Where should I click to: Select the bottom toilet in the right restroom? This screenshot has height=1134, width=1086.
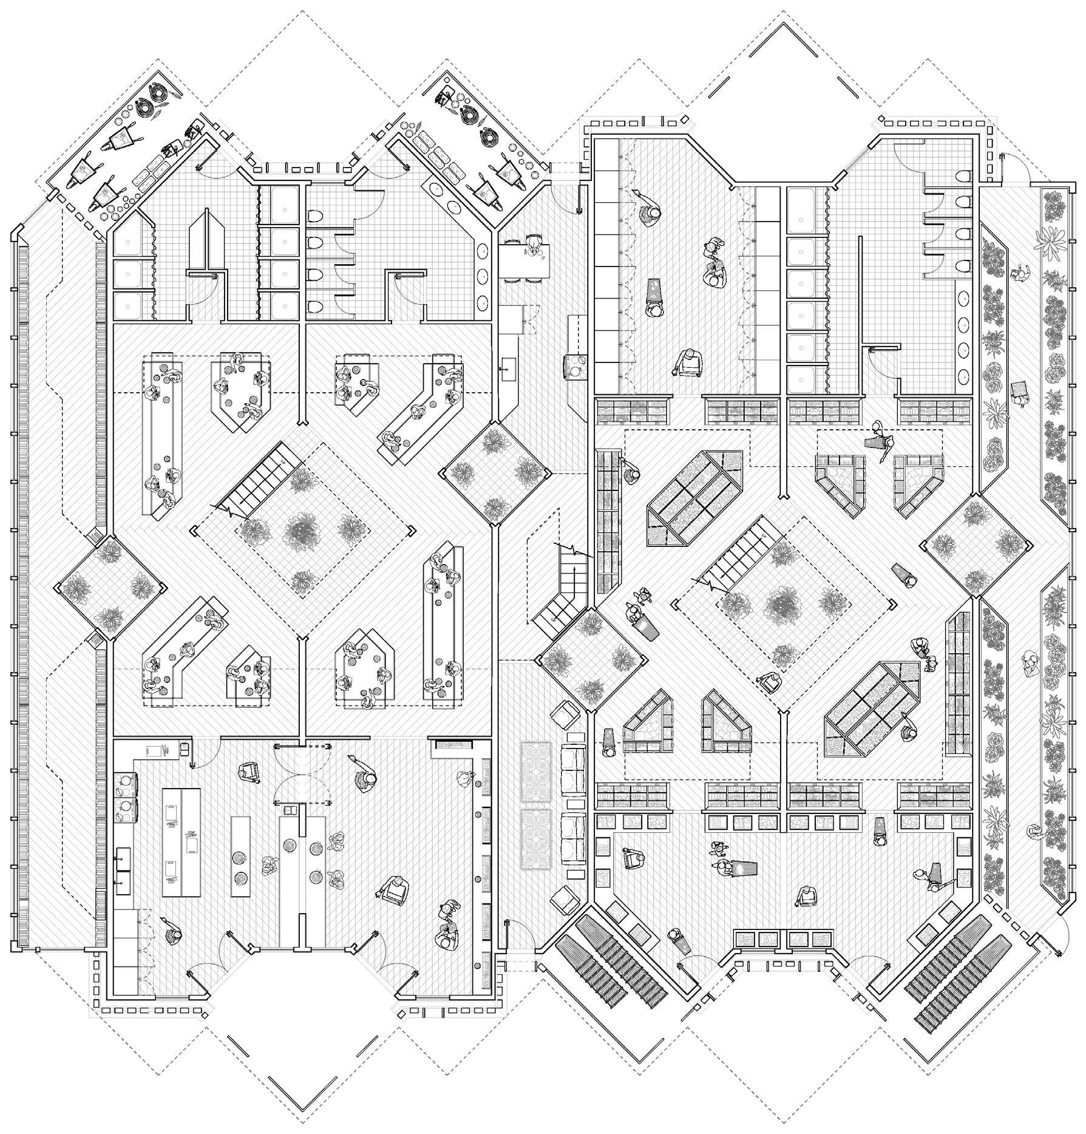(x=963, y=265)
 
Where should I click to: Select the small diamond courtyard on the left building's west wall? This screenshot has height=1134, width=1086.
(x=110, y=587)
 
